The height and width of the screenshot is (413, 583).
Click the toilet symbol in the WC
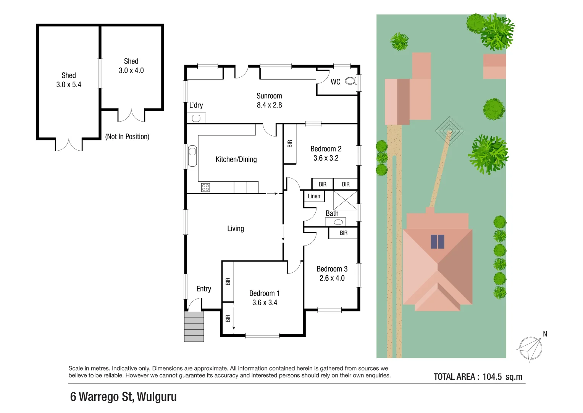(x=351, y=81)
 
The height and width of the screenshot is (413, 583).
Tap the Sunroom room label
(x=269, y=96)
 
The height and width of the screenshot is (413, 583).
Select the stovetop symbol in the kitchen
(x=205, y=187)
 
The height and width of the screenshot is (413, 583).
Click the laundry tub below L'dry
(x=196, y=118)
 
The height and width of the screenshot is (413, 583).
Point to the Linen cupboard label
(x=314, y=196)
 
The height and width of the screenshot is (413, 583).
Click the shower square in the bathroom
(x=345, y=200)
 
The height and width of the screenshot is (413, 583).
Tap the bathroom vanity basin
(x=338, y=222)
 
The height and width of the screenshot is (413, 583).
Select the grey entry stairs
(x=194, y=327)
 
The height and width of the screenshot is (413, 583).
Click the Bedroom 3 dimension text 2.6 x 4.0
(x=332, y=278)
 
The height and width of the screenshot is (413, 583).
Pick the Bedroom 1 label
(x=265, y=293)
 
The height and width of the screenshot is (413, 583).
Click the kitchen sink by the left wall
(x=192, y=156)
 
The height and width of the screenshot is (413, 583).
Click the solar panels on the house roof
(x=437, y=242)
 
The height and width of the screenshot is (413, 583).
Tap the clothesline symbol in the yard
(x=449, y=131)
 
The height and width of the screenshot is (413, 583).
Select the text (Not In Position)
(x=127, y=137)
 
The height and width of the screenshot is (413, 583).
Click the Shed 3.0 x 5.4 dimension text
(x=69, y=85)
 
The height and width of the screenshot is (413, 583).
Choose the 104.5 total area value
(x=492, y=377)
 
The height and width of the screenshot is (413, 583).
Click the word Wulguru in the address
(x=157, y=397)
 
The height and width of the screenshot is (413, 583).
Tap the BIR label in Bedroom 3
(x=344, y=233)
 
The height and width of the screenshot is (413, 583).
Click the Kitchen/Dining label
(x=236, y=159)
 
